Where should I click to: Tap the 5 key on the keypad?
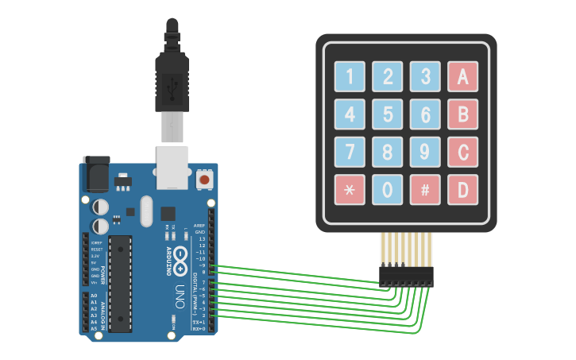coord(388,114)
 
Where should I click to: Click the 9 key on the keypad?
coord(425,152)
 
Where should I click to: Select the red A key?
coord(462,77)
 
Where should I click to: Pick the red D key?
coord(462,190)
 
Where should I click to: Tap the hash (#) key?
coord(425,190)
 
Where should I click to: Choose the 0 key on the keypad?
coord(388,190)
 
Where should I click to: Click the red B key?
coord(462,114)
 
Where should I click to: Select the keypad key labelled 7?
coord(350,152)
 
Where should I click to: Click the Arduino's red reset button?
coord(204,180)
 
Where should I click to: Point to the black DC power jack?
coord(95,173)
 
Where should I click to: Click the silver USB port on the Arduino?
coord(172,167)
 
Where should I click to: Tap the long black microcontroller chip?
coord(120,283)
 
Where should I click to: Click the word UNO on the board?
coord(180,292)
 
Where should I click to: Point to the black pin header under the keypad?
coord(406,276)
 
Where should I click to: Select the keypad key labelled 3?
coord(425,77)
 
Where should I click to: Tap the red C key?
coord(462,152)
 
